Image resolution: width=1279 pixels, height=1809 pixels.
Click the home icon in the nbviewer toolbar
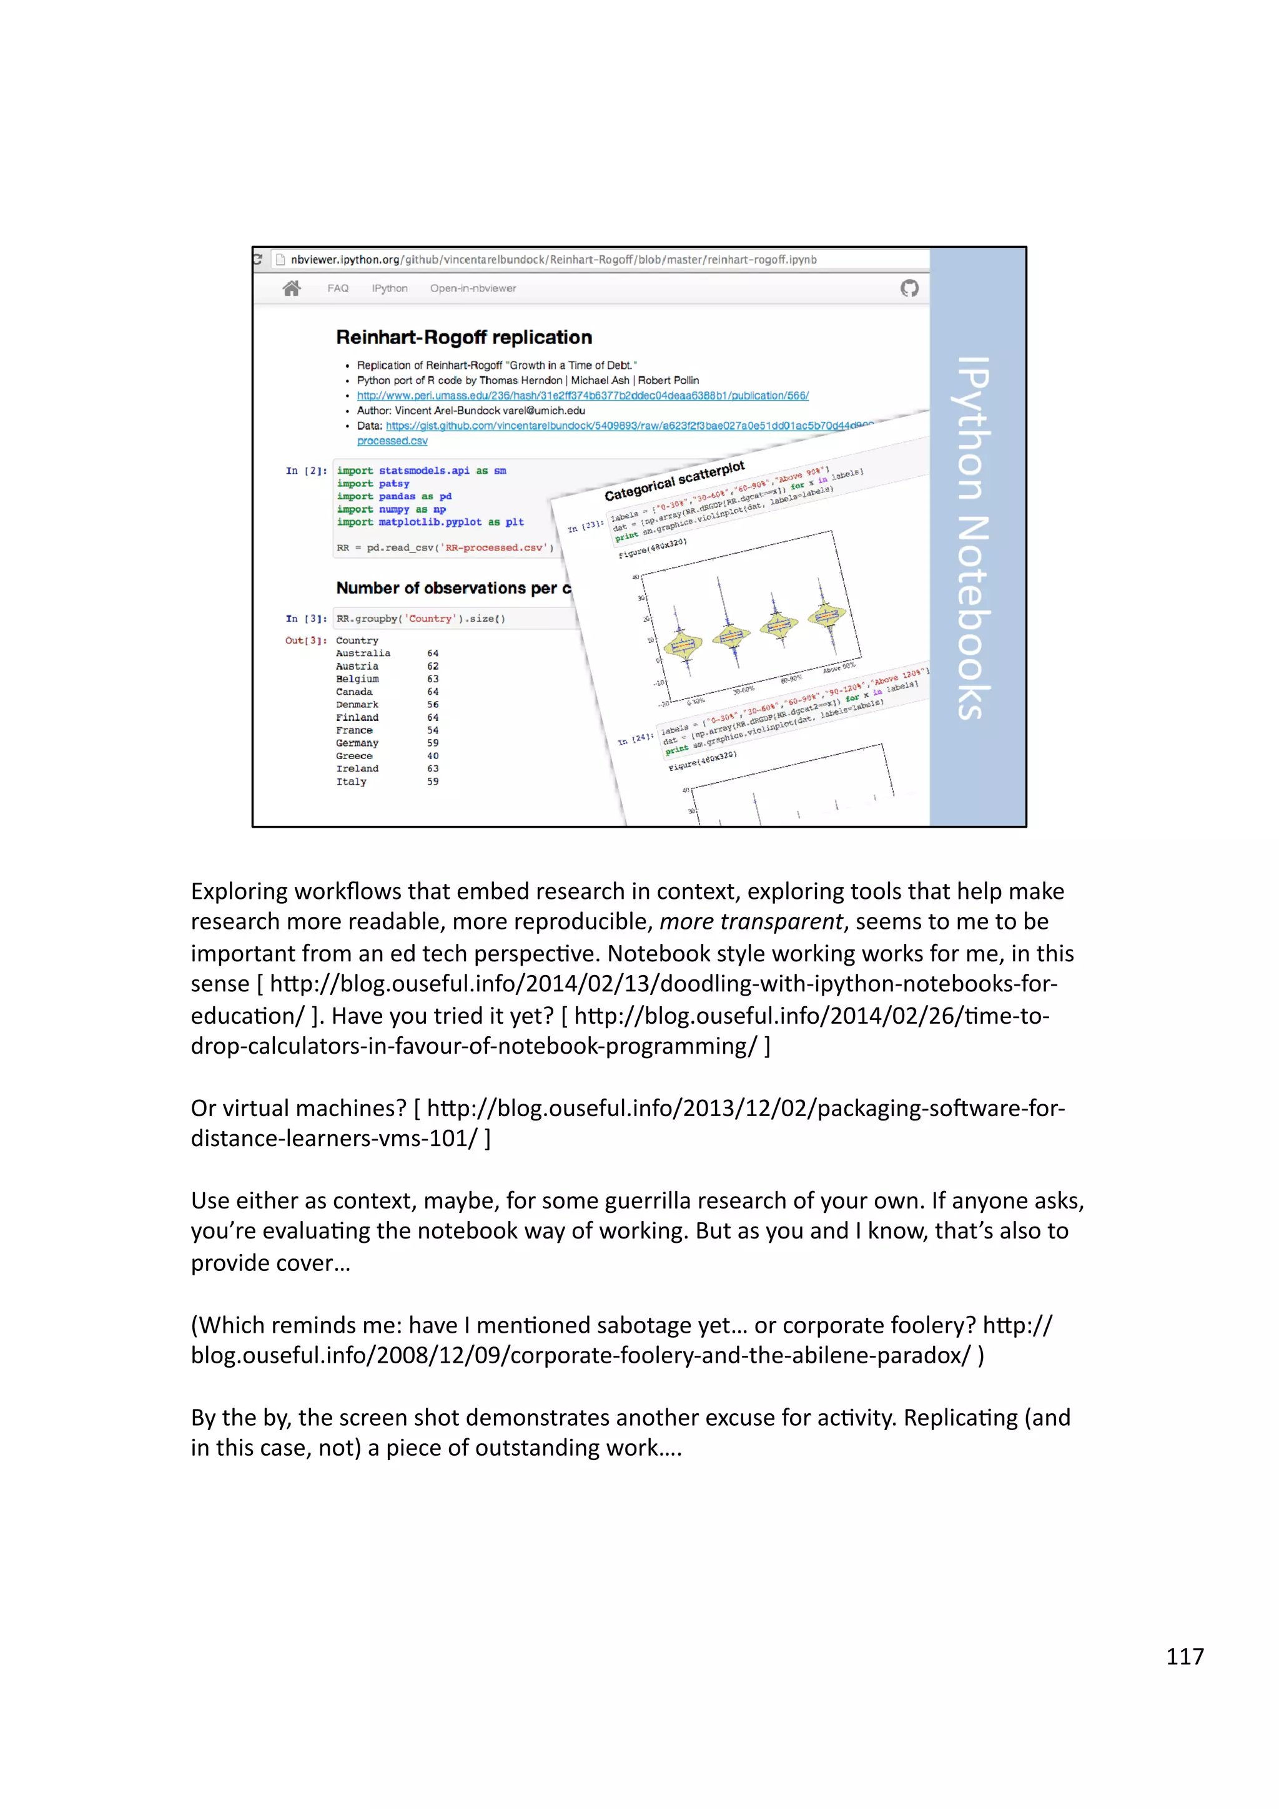pyautogui.click(x=292, y=288)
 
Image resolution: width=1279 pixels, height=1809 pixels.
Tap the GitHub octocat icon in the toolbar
pyautogui.click(x=909, y=288)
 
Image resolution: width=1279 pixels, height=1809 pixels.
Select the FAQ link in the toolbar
pyautogui.click(x=338, y=288)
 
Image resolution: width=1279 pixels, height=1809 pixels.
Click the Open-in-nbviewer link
pyautogui.click(x=473, y=288)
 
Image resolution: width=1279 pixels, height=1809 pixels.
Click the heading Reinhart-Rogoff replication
pyautogui.click(x=463, y=337)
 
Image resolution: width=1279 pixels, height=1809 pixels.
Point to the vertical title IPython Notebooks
pyautogui.click(x=974, y=538)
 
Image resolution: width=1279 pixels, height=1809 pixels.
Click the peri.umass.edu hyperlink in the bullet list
pyautogui.click(x=583, y=396)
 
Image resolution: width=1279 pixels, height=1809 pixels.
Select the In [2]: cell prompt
pyautogui.click(x=306, y=471)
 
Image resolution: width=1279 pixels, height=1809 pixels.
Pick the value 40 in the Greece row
pyautogui.click(x=433, y=755)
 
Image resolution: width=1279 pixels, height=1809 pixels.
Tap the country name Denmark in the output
pyautogui.click(x=357, y=704)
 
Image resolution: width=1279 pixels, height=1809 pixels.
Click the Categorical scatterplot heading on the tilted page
pyautogui.click(x=674, y=481)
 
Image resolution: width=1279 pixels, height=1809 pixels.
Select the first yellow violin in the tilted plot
pyautogui.click(x=682, y=644)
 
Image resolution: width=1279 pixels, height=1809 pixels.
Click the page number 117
pyautogui.click(x=1185, y=1656)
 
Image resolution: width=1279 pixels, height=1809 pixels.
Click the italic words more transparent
pyautogui.click(x=751, y=921)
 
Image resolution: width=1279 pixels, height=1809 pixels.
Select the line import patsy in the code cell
pyautogui.click(x=373, y=484)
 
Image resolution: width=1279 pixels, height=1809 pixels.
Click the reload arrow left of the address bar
pyautogui.click(x=258, y=259)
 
